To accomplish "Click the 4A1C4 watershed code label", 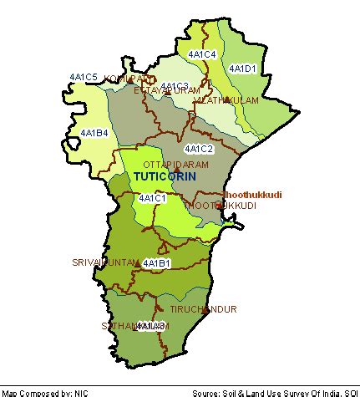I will pyautogui.click(x=203, y=54).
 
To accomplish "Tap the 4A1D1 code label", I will pyautogui.click(x=244, y=69).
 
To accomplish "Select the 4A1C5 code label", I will pyautogui.click(x=84, y=78).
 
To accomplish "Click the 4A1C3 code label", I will pyautogui.click(x=175, y=86).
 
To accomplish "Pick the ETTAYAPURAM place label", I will pyautogui.click(x=167, y=90).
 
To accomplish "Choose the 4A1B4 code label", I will pyautogui.click(x=94, y=133).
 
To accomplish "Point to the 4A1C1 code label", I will pyautogui.click(x=152, y=198).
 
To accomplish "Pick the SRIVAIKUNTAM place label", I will pyautogui.click(x=104, y=262).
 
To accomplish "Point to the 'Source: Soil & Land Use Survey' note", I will pyautogui.click(x=275, y=392).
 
